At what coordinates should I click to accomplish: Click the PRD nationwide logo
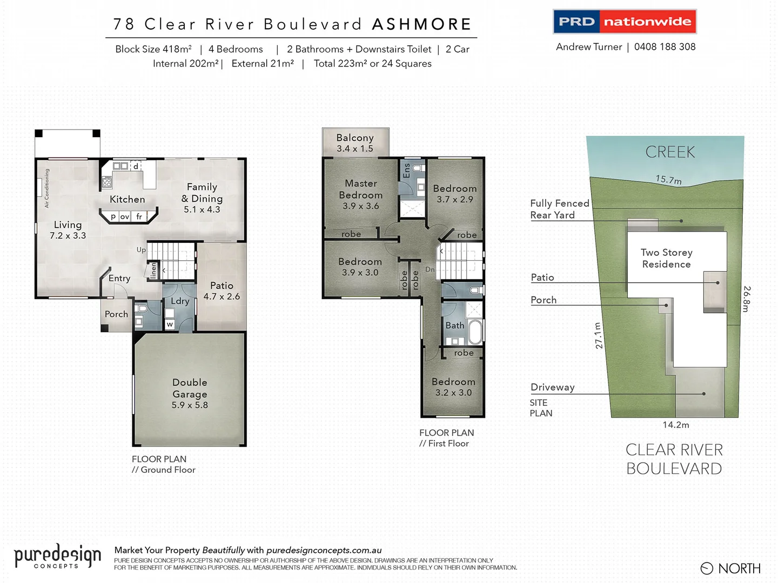tap(625, 22)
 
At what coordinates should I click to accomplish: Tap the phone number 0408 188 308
tap(665, 47)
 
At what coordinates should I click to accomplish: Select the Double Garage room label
tap(190, 394)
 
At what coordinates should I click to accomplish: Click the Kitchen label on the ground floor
tap(128, 199)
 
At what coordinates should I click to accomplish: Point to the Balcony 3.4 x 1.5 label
tap(355, 143)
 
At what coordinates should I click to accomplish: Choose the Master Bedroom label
tap(361, 194)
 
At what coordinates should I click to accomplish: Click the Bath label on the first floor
tap(455, 325)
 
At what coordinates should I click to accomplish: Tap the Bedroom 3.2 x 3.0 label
tap(453, 387)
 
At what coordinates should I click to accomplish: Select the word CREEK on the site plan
tap(670, 152)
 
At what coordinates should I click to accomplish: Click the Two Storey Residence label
tap(666, 258)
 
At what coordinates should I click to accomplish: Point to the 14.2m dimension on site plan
tap(676, 425)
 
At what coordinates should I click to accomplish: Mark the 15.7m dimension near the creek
tap(668, 180)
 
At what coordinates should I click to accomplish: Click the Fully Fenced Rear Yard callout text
tap(559, 209)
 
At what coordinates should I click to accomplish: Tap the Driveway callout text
tap(552, 387)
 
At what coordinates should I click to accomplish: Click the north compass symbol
tap(707, 568)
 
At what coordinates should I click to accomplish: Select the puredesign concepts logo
tap(57, 556)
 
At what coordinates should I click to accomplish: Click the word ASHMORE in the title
tap(422, 24)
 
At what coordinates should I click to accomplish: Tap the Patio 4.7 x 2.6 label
tap(222, 290)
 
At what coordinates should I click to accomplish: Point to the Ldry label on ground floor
tap(180, 301)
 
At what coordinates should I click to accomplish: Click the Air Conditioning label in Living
tap(47, 188)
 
